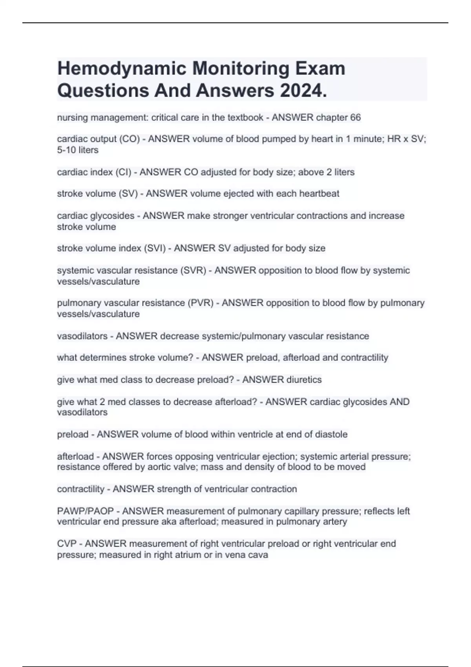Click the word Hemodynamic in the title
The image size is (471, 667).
[122, 69]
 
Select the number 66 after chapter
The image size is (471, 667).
[355, 117]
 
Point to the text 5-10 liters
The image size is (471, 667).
[78, 150]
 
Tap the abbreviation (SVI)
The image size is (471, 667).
[155, 248]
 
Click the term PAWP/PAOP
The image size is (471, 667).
[85, 511]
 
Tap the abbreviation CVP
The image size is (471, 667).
[66, 544]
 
